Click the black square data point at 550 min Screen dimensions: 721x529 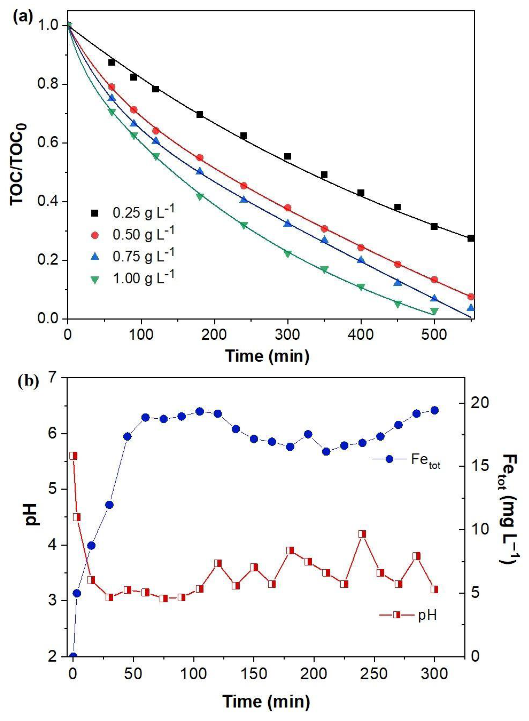tap(470, 238)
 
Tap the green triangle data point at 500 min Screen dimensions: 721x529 tap(434, 311)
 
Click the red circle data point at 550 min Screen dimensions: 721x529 tap(470, 297)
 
